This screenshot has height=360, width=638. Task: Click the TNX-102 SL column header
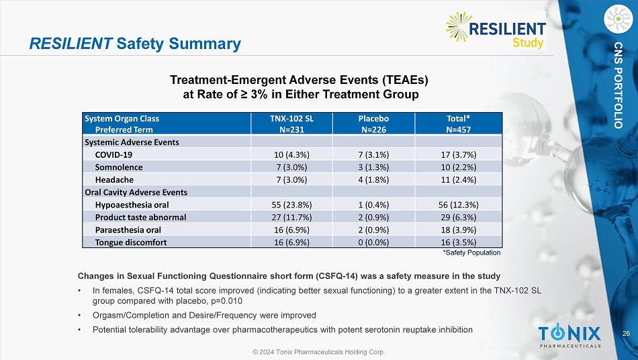click(x=291, y=124)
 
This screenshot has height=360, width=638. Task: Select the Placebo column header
click(x=373, y=124)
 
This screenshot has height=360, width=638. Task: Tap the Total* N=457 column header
click(x=458, y=124)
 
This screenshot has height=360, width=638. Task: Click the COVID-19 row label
click(x=113, y=155)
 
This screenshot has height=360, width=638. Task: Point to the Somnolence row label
click(x=119, y=167)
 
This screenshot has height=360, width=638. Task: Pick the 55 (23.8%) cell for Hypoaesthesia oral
click(x=291, y=205)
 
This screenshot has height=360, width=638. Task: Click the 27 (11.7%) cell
click(x=291, y=217)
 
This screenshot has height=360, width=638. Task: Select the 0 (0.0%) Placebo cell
click(x=373, y=242)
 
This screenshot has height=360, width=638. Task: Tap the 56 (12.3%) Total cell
click(x=458, y=205)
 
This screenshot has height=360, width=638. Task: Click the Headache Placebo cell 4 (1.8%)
click(x=373, y=180)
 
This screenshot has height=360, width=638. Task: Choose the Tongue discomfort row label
click(x=131, y=242)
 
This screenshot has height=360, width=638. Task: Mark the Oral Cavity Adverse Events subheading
click(x=136, y=192)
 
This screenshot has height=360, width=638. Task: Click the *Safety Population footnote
click(x=471, y=253)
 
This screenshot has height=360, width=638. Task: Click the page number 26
click(x=626, y=334)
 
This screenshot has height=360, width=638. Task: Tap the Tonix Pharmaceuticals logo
click(x=569, y=336)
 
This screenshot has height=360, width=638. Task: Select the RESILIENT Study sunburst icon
click(x=459, y=27)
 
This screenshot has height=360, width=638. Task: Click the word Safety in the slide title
click(x=140, y=44)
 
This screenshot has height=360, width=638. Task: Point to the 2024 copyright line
click(x=318, y=352)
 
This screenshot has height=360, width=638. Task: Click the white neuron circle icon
click(x=618, y=19)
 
